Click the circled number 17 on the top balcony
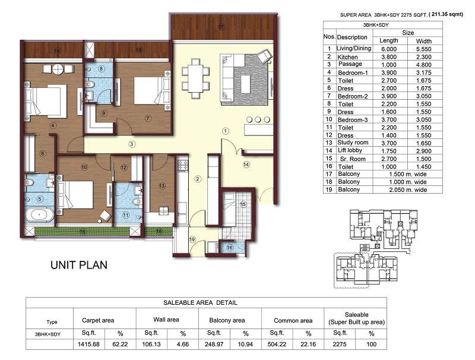click(221, 27)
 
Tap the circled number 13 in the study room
click(161, 186)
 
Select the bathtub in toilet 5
click(39, 215)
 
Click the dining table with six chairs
click(195, 78)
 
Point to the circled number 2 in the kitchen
click(198, 179)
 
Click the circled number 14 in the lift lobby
click(246, 165)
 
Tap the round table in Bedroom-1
click(58, 70)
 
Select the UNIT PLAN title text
click(79, 265)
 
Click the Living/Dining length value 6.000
click(389, 49)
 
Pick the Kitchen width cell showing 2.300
click(423, 56)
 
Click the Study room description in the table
click(353, 143)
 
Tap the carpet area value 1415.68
click(88, 344)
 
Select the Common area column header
click(293, 321)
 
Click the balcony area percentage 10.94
click(245, 344)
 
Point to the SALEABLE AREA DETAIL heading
click(200, 302)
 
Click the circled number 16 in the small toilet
click(229, 248)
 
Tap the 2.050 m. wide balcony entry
click(408, 190)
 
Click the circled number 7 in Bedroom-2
click(148, 118)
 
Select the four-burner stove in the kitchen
click(183, 166)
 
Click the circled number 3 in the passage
click(131, 144)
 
